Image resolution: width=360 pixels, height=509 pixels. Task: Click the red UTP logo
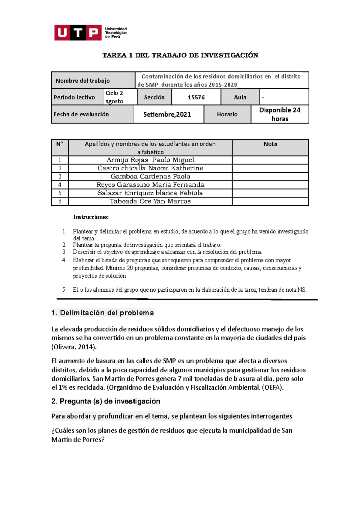78,32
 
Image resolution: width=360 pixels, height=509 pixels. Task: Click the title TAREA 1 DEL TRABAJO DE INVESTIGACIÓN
180,55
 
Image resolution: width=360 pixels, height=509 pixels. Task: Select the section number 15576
196,97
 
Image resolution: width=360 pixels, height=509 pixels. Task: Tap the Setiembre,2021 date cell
167,114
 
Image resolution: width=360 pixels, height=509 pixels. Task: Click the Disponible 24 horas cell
280,114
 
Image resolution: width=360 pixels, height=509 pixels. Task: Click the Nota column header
270,144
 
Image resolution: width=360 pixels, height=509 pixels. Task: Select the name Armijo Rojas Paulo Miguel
150,160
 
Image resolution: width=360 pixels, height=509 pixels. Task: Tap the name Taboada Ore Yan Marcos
150,201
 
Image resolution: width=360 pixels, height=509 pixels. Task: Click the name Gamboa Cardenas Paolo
150,177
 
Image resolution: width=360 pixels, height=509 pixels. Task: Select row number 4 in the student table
60,185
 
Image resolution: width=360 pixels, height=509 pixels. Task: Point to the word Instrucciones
91,217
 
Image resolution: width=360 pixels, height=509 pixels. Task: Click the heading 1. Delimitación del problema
103,313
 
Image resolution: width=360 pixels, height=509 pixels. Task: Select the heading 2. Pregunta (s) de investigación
106,401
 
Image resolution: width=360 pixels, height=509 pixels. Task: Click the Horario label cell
227,114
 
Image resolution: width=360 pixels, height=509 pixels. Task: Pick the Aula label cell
240,97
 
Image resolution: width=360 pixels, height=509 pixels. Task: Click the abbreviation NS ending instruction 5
301,290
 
